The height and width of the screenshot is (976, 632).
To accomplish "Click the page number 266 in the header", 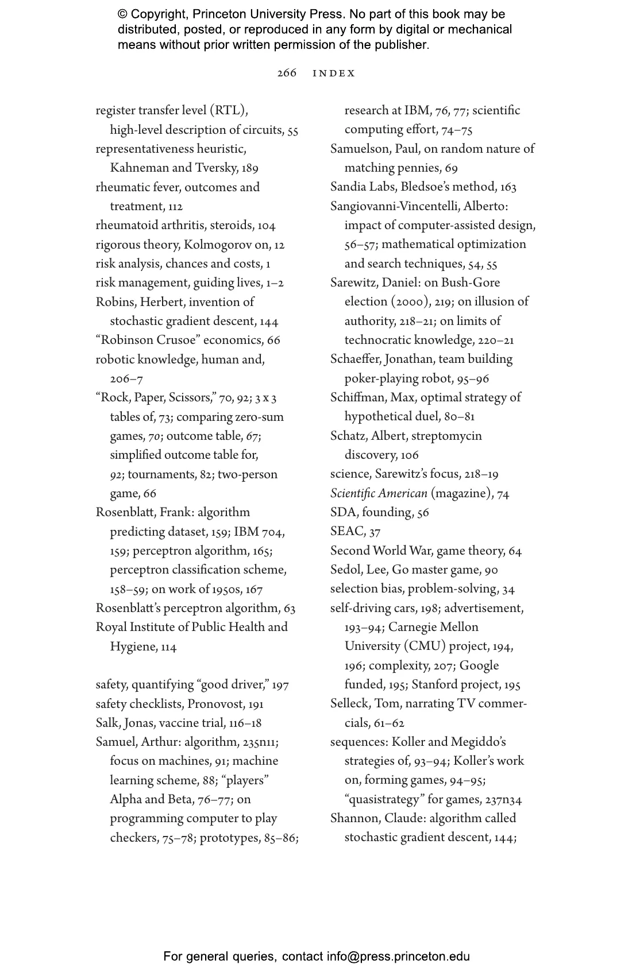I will [287, 73].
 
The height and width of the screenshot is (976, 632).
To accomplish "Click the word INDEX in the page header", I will [334, 73].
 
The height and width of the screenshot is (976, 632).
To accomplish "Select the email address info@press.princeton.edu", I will [398, 956].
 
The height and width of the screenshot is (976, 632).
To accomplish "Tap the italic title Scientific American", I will [379, 493].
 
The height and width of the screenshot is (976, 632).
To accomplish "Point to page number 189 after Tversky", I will [249, 168].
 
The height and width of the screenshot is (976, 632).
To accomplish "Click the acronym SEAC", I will [347, 532].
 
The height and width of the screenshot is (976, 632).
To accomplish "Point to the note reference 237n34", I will [503, 800].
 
